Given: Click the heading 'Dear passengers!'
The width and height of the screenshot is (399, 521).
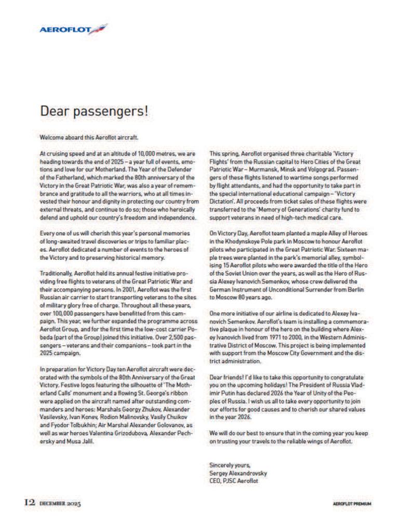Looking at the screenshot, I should pyautogui.click(x=94, y=111).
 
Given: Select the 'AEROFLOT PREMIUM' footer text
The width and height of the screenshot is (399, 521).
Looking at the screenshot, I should pyautogui.click(x=353, y=504).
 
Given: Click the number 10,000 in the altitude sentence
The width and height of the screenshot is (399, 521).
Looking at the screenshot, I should pyautogui.click(x=137, y=154).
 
